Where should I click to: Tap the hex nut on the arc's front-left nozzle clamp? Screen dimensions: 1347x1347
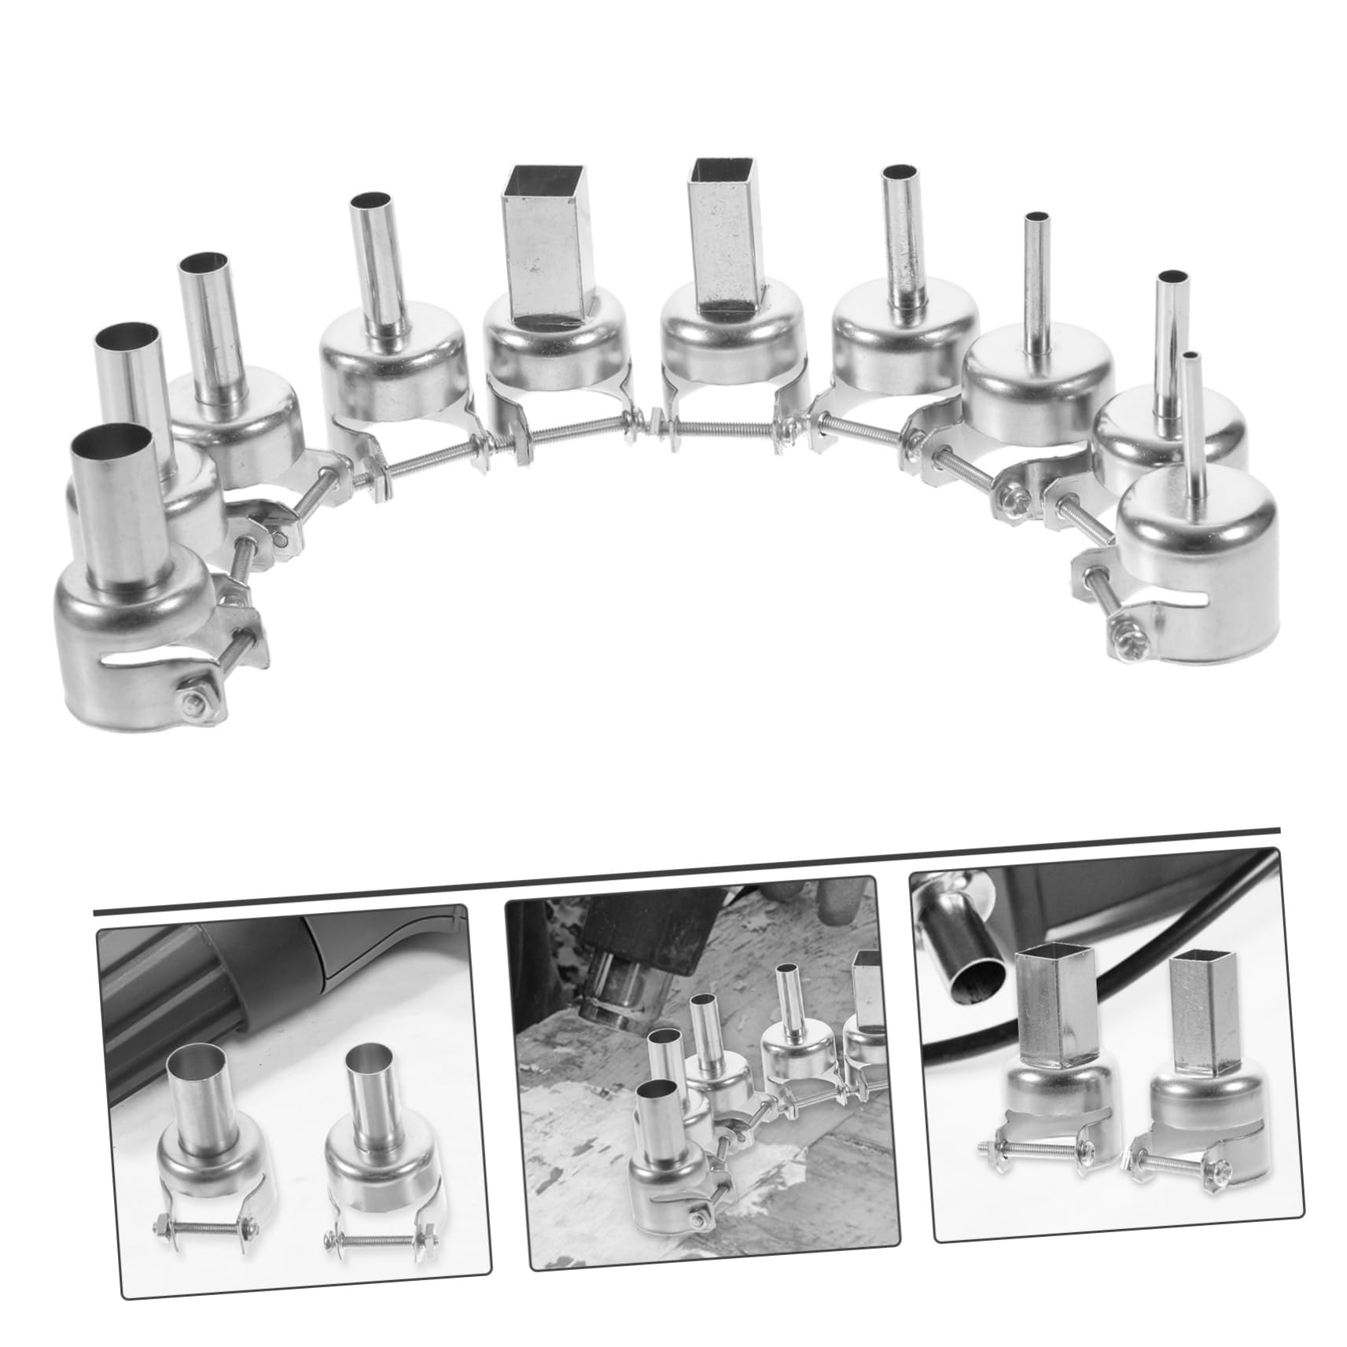pos(191,707)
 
